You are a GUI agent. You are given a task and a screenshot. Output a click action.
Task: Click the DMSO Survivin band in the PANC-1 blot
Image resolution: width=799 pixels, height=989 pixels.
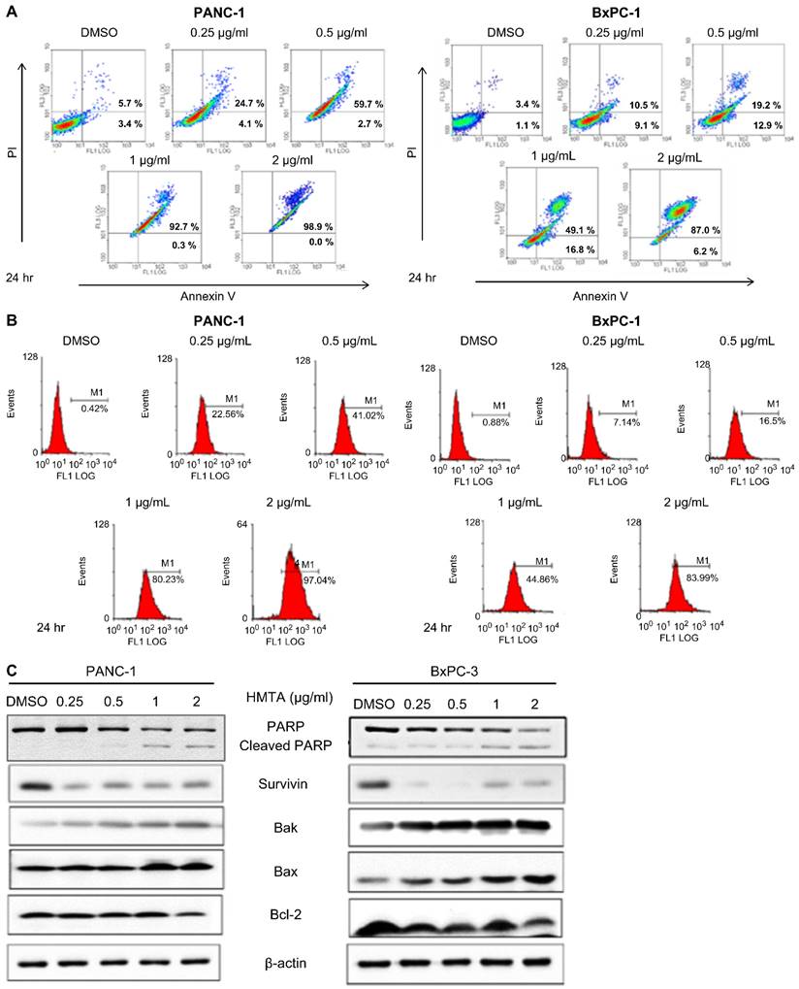[x=34, y=784]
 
